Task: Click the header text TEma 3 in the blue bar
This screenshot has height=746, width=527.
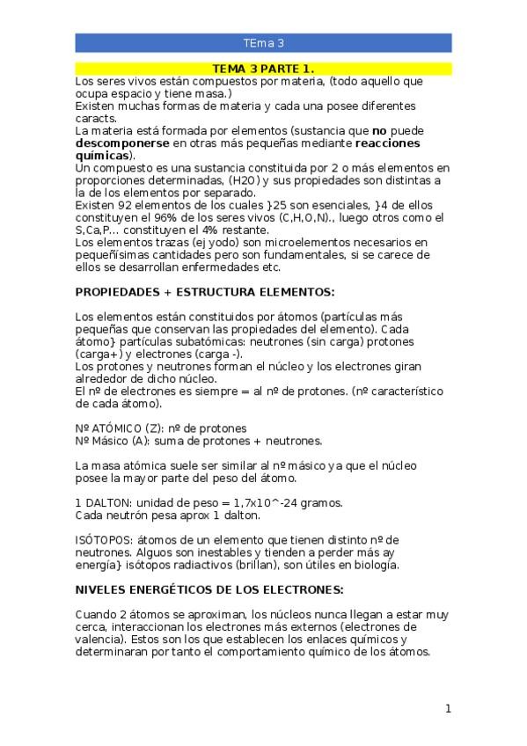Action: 263,42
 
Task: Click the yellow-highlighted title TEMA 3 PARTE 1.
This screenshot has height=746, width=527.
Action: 263,68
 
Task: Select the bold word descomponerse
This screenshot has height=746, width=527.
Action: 121,143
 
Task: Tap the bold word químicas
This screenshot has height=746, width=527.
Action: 101,155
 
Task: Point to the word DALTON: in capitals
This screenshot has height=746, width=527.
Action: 110,503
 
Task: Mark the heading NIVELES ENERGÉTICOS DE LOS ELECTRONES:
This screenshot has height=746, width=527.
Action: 209,589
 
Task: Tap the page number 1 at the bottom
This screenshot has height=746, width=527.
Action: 448,709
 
